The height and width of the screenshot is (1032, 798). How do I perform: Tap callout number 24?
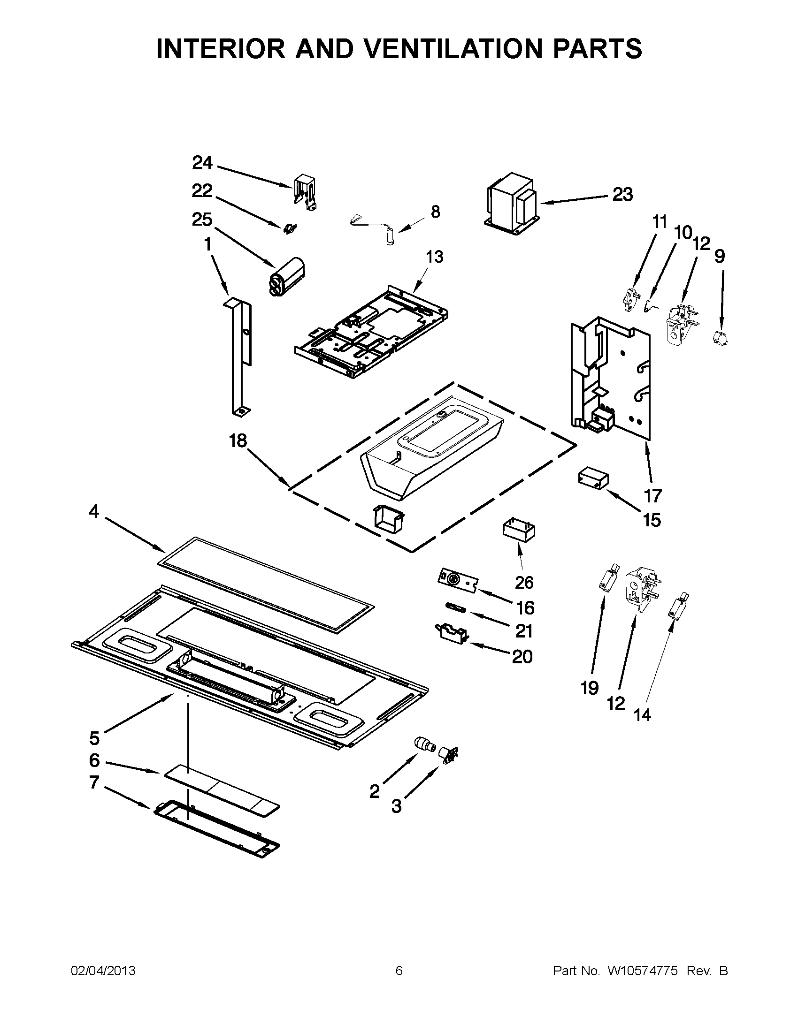click(202, 163)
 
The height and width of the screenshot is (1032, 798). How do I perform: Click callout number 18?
click(238, 441)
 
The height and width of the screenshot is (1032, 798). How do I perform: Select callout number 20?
click(522, 656)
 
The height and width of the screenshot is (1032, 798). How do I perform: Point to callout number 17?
click(653, 496)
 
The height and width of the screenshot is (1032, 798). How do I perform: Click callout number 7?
click(94, 782)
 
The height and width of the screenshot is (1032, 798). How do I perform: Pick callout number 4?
click(94, 511)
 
